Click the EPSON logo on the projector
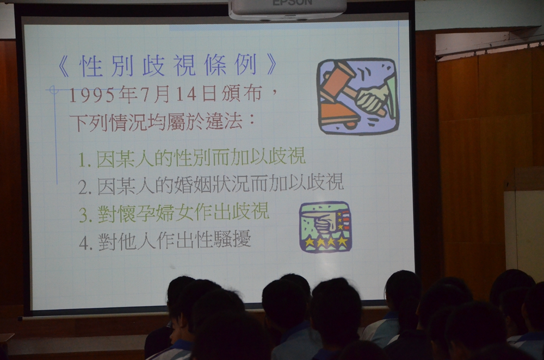[x=292, y=3]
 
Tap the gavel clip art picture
[x=358, y=96]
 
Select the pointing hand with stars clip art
[x=325, y=227]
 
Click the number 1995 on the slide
[x=91, y=95]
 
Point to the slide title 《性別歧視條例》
[x=168, y=65]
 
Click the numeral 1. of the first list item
[x=85, y=160]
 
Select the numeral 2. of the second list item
[x=85, y=188]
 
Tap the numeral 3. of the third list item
[x=86, y=215]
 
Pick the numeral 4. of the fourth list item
[x=86, y=243]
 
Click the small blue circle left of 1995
[x=53, y=90]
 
